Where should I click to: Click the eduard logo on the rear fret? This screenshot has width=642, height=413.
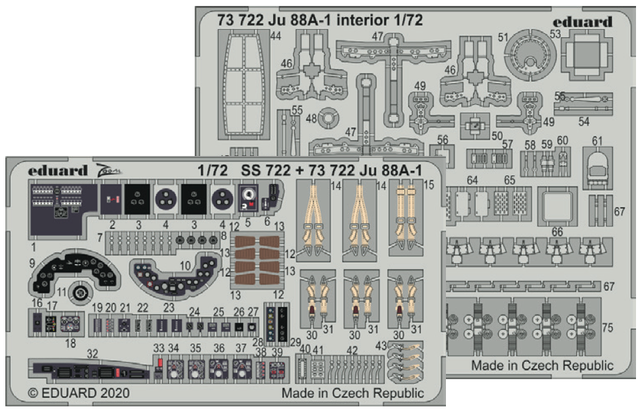coord(582,22)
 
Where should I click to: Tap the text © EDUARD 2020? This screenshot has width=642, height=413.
coord(79,393)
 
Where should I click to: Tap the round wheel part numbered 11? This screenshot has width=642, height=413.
coord(80,292)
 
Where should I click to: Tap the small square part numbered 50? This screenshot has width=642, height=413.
coord(475,124)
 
